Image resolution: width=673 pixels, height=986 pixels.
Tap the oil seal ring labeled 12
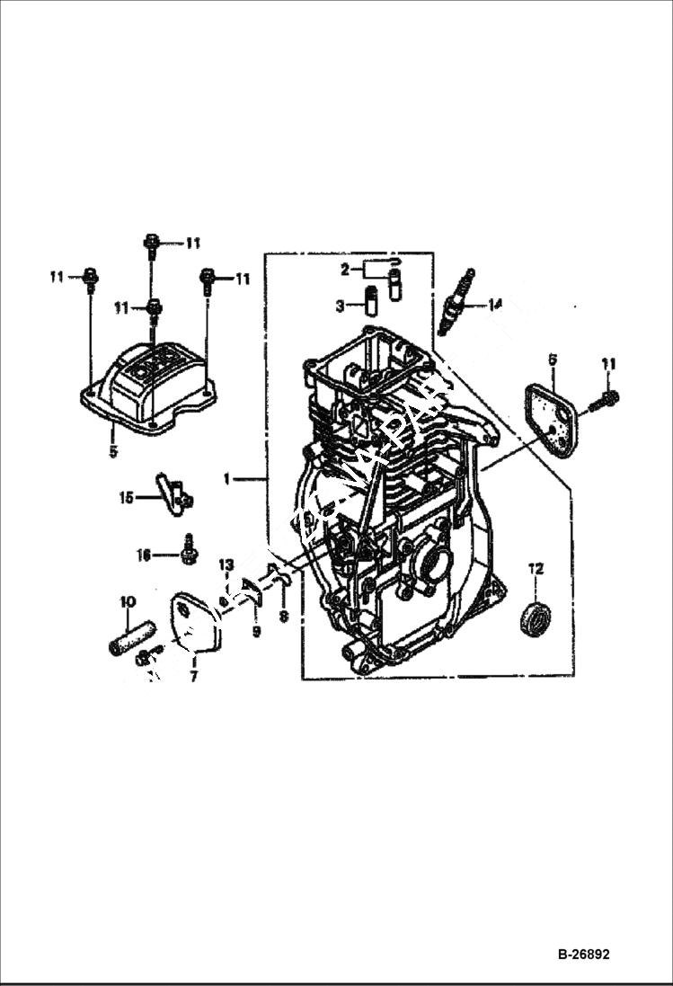(x=537, y=619)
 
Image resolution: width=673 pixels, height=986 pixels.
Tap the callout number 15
(x=127, y=495)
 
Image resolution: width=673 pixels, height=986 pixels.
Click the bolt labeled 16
(x=189, y=551)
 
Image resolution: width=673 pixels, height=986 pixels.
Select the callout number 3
(x=340, y=306)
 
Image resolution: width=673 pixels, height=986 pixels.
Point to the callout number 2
(x=344, y=269)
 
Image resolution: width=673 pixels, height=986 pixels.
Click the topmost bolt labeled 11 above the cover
(x=151, y=242)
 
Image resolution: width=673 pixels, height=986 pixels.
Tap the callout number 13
(x=226, y=564)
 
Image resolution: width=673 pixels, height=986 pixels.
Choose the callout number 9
(x=255, y=632)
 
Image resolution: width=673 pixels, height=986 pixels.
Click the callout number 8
(x=283, y=617)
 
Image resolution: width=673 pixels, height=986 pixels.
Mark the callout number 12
(x=536, y=568)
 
